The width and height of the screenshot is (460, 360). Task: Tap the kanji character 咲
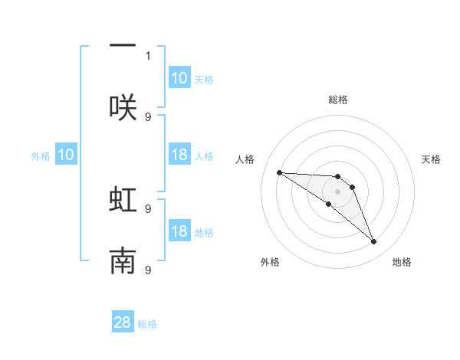point(123,107)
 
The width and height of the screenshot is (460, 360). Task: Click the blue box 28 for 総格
point(123,322)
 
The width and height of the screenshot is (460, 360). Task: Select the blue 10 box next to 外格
point(66,155)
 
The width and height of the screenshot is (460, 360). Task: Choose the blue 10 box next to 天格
point(179,78)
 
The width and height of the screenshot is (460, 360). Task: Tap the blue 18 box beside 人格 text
point(179,155)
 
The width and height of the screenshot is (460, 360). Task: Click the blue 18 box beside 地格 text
point(179,232)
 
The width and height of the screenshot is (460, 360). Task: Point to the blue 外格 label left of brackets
point(41,156)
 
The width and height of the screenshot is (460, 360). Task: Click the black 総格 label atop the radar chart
point(338,100)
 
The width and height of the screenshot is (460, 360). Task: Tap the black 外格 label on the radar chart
point(270,262)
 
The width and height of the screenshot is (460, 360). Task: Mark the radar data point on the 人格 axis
point(279,172)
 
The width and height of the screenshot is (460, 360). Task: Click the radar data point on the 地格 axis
point(374,242)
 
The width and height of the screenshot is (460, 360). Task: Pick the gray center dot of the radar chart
point(337,191)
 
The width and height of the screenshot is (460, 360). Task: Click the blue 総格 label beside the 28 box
point(147,324)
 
